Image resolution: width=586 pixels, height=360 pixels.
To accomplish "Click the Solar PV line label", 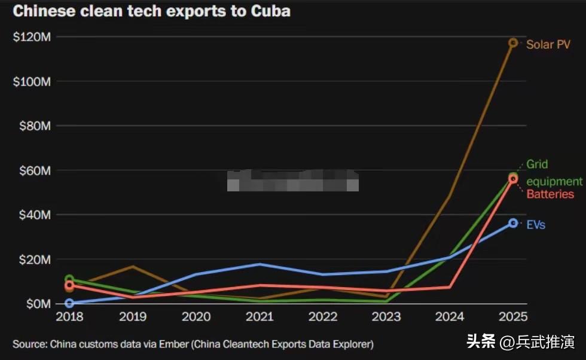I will [x=548, y=44].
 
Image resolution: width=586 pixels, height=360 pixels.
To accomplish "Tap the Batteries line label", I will [x=550, y=194].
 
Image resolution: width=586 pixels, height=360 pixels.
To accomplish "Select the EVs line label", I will [x=535, y=225].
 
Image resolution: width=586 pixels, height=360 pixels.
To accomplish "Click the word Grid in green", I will [x=537, y=164].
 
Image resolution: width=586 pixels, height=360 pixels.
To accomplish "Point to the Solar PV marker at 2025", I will [x=513, y=42].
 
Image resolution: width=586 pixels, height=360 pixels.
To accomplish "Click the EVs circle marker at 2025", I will [x=513, y=223].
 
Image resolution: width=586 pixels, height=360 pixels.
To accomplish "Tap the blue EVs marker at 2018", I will [x=69, y=303].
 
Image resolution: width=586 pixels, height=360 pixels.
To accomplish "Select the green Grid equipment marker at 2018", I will [x=69, y=279].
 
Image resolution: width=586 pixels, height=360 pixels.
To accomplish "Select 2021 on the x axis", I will [x=260, y=317].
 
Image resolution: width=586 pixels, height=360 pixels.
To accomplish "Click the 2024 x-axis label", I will [x=449, y=317].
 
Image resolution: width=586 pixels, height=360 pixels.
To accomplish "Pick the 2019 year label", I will [x=133, y=317].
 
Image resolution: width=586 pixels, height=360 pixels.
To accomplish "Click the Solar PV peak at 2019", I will [x=133, y=266].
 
